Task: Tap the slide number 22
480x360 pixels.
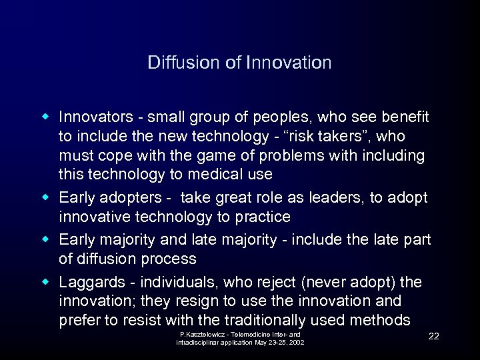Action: (433, 336)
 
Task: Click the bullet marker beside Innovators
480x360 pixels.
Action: (46, 117)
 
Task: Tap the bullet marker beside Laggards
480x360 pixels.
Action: (46, 281)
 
